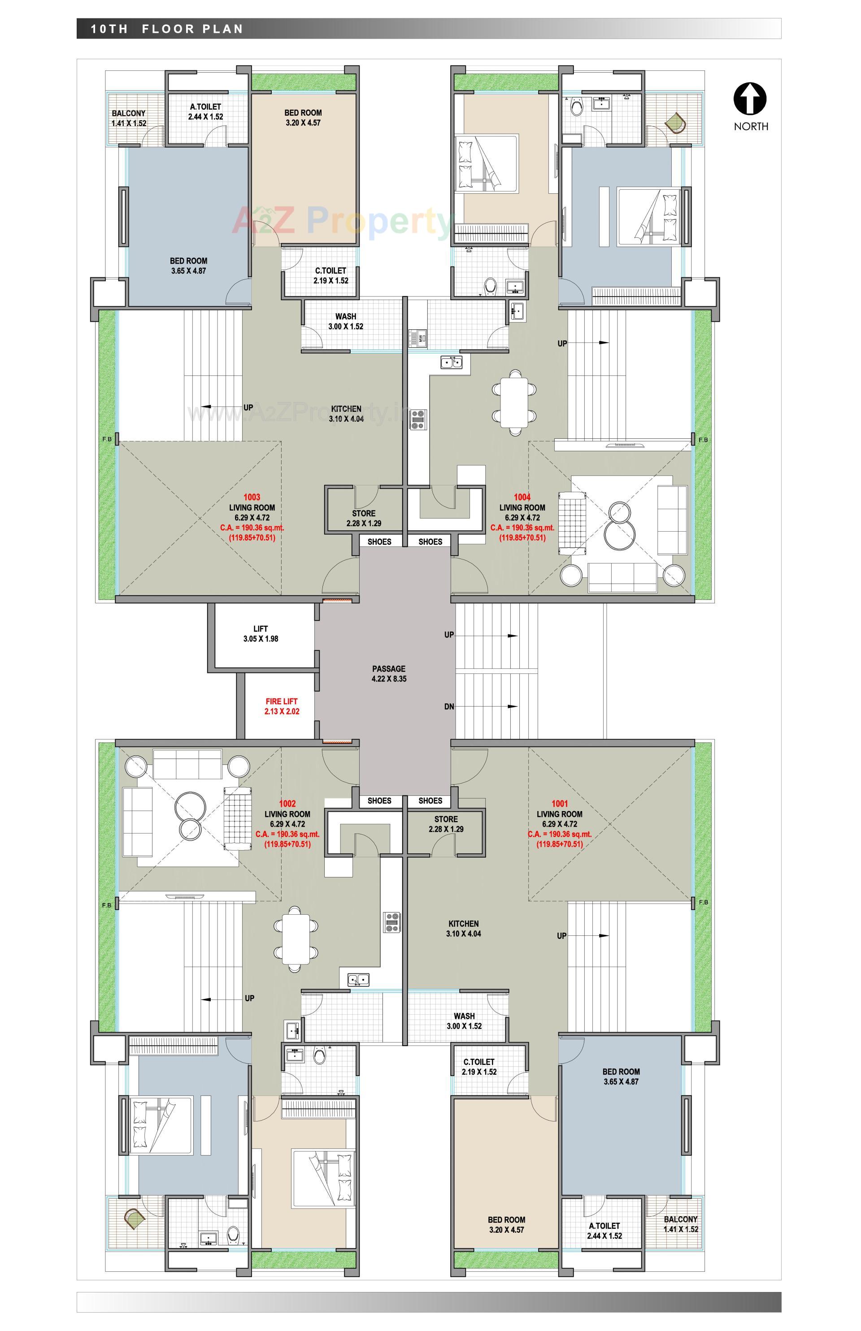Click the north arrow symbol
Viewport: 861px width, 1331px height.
[750, 99]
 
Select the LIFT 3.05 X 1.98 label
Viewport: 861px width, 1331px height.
[261, 633]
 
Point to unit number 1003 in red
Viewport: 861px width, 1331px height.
[252, 497]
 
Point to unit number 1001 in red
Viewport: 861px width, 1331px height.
[559, 803]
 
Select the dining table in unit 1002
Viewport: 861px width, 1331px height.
[296, 939]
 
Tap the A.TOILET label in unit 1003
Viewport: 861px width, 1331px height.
[205, 111]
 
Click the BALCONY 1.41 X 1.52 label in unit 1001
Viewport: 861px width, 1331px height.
[680, 1224]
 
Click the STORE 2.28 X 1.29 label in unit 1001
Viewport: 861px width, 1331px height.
[446, 824]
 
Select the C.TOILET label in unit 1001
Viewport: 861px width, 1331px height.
[479, 1066]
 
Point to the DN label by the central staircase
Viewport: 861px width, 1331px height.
[449, 707]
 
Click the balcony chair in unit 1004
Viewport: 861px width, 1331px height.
[675, 122]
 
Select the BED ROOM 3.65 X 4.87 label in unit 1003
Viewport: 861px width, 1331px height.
[188, 266]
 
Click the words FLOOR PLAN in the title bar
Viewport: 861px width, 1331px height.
[192, 29]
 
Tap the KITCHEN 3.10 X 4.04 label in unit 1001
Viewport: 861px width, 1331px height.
[464, 928]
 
